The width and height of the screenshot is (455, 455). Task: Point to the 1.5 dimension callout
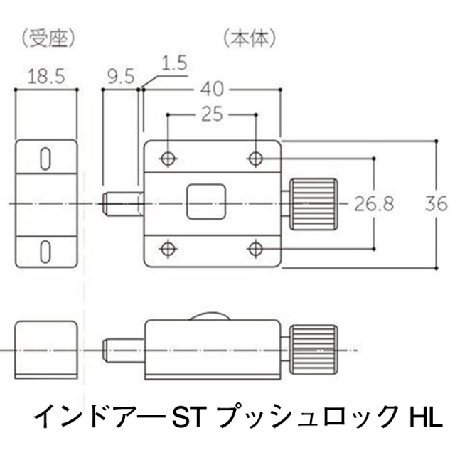[174, 63]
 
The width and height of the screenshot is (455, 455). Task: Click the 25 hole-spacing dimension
[211, 113]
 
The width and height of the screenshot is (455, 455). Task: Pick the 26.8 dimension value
[374, 204]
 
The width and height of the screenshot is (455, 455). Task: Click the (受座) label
[48, 37]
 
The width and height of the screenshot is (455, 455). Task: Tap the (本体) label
[248, 37]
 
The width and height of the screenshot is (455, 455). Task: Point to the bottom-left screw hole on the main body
[168, 248]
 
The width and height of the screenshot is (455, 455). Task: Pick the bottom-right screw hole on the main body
[256, 248]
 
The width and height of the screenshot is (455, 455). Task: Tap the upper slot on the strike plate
[45, 158]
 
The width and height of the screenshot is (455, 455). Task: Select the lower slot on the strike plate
[45, 250]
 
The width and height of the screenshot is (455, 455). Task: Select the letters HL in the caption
[425, 414]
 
